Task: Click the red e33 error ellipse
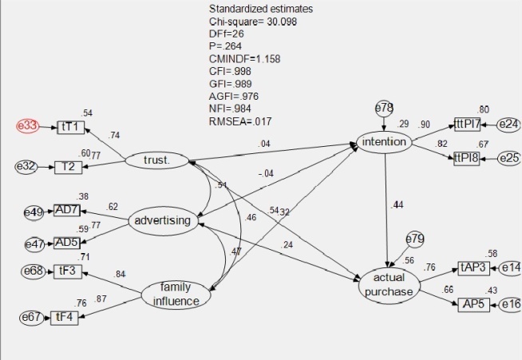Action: pyautogui.click(x=27, y=127)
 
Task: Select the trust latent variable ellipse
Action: pyautogui.click(x=156, y=160)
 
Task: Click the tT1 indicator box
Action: pyautogui.click(x=69, y=127)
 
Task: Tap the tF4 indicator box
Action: pyautogui.click(x=63, y=318)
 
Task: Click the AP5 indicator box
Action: pyautogui.click(x=474, y=304)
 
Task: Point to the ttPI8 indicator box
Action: pyautogui.click(x=469, y=158)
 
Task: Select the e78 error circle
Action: pyautogui.click(x=386, y=107)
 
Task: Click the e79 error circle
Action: pyautogui.click(x=415, y=239)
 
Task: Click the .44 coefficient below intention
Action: pyautogui.click(x=397, y=205)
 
